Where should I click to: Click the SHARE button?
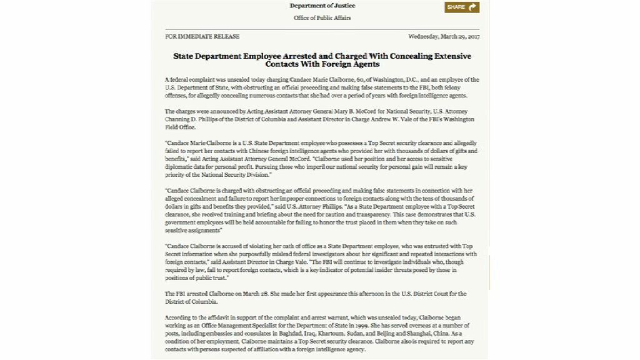tap(462, 7)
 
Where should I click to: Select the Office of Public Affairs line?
tap(322, 18)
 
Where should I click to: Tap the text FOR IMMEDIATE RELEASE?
tap(194, 36)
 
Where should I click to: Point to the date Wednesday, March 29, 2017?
tap(444, 36)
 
